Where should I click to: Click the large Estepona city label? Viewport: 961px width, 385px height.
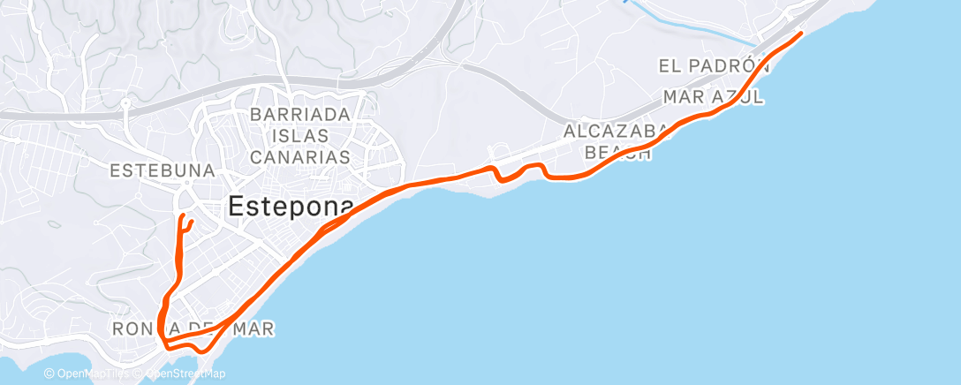[291, 207]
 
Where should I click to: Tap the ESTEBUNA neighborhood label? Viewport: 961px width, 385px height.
[164, 170]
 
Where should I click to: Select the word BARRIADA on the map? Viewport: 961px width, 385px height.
[301, 115]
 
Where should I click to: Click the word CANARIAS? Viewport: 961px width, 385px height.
[301, 157]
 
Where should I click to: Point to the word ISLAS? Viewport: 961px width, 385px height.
[301, 136]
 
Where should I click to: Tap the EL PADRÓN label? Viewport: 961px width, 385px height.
[709, 66]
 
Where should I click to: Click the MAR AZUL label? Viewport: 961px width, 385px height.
[713, 95]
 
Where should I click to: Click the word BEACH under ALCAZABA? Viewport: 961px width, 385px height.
[618, 153]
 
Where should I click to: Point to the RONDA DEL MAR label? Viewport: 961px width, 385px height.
[194, 328]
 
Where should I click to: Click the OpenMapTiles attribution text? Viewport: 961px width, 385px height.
[87, 374]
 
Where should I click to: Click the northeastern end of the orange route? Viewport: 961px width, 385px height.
[800, 34]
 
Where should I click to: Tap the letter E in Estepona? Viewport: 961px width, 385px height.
[237, 207]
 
